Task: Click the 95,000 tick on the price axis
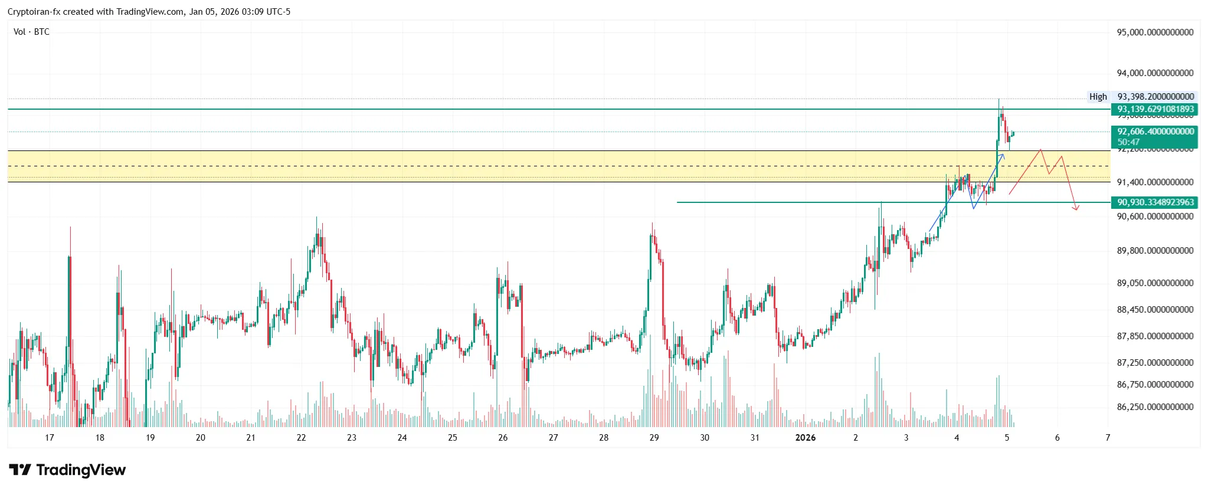click(x=1155, y=32)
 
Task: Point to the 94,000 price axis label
click(x=1155, y=73)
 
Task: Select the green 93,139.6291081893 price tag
click(x=1155, y=109)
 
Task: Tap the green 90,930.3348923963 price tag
click(x=1155, y=202)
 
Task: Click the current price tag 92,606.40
click(x=1155, y=132)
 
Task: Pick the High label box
click(x=1098, y=97)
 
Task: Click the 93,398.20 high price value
click(x=1155, y=97)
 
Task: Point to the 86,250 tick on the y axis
click(x=1155, y=407)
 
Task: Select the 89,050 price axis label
click(x=1155, y=283)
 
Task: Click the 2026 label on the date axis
click(x=806, y=438)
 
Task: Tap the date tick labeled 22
click(x=302, y=438)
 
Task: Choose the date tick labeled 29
click(x=654, y=438)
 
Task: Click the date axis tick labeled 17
click(x=50, y=438)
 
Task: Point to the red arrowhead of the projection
click(x=1077, y=208)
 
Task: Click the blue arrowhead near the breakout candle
click(x=1003, y=155)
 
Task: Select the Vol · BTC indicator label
click(x=31, y=32)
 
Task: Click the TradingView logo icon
click(x=20, y=470)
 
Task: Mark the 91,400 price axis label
click(x=1155, y=182)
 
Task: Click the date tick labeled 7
click(x=1108, y=438)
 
